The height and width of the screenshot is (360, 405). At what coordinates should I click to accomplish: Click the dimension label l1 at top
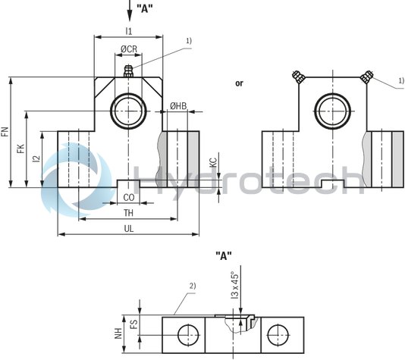(x=128, y=31)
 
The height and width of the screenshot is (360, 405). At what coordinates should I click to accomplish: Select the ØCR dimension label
(x=129, y=49)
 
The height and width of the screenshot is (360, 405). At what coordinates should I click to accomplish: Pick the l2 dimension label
(x=36, y=159)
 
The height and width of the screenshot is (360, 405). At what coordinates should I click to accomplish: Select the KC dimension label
(x=212, y=162)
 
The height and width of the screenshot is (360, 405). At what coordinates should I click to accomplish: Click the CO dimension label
(x=129, y=198)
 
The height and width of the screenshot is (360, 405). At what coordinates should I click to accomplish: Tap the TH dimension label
(x=129, y=214)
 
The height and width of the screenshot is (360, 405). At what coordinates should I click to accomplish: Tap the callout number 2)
(x=193, y=286)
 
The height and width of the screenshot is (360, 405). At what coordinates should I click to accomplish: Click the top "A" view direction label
(x=144, y=9)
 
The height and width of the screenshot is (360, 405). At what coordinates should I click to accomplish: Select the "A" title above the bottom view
(x=224, y=255)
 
